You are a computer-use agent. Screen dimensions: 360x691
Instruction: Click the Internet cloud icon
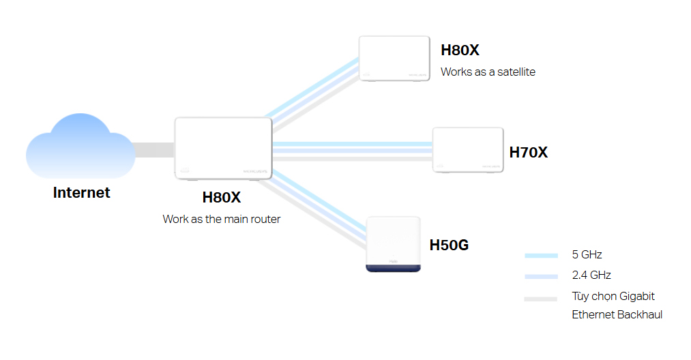pos(80,147)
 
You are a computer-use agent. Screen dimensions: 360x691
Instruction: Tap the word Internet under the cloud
pos(81,193)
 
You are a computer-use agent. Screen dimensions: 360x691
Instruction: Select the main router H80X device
pos(223,149)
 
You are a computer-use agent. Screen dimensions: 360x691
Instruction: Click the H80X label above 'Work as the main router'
pos(222,198)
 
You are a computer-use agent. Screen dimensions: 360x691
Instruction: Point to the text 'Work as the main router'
pos(222,220)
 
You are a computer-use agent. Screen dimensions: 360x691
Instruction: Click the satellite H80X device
pos(394,59)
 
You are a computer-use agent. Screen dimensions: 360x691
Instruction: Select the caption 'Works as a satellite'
pos(488,72)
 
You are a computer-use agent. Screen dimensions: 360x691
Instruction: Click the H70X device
pos(468,150)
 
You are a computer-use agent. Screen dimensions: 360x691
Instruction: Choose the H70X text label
pos(529,153)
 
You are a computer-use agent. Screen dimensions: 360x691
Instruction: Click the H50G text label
pos(449,245)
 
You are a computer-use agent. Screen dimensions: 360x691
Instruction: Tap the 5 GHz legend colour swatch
pos(542,256)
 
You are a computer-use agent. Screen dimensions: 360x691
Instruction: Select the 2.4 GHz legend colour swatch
pos(542,276)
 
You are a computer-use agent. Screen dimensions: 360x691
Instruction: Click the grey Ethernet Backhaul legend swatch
pos(542,298)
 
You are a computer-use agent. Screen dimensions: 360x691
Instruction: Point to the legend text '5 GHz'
pos(587,255)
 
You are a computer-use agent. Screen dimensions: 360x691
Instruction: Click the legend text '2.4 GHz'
pos(591,275)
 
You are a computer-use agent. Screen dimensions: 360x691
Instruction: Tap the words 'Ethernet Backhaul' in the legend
pos(617,314)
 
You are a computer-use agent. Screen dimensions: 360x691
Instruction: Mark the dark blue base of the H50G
pos(393,267)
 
